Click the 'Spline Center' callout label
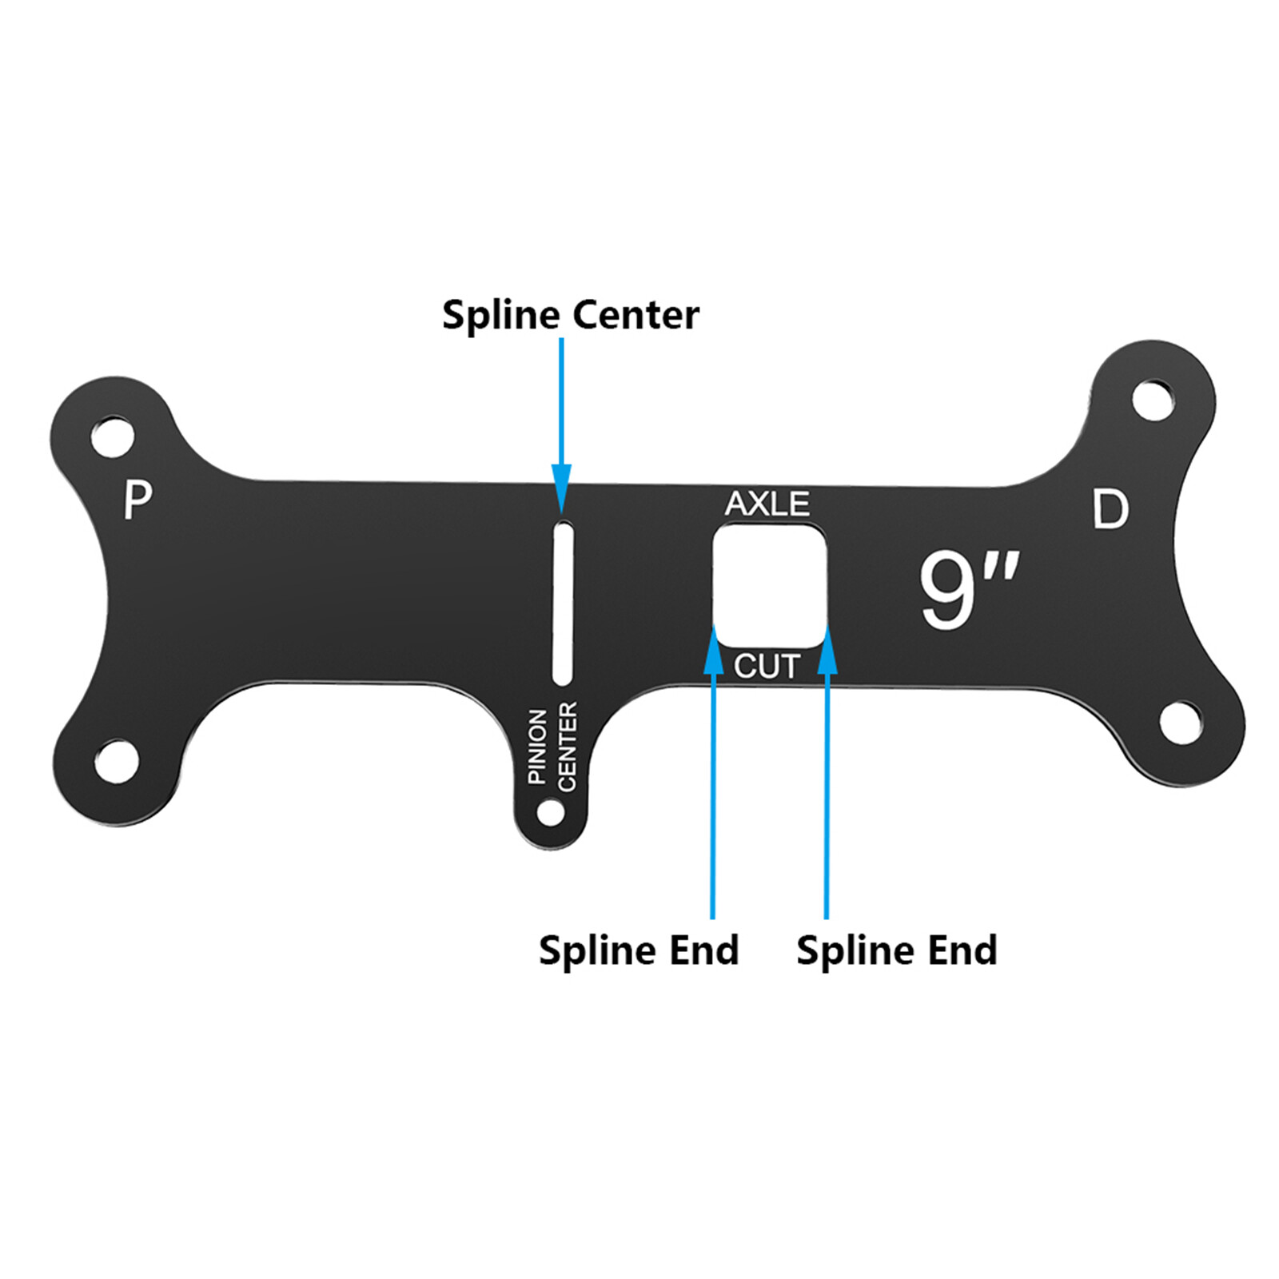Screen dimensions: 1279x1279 pos(570,315)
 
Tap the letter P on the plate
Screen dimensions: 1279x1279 pos(137,500)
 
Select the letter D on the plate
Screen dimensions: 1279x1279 pos(1110,509)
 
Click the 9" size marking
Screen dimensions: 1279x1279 pos(967,590)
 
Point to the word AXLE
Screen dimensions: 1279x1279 pos(767,504)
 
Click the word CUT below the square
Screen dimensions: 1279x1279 pos(767,666)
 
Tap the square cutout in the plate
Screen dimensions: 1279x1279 pos(769,585)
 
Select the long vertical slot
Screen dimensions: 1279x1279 pos(563,603)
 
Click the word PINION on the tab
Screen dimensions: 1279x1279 pos(538,745)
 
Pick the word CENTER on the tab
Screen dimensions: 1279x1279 pos(567,747)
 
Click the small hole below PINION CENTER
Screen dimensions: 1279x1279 pos(550,813)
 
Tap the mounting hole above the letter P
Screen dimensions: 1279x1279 pos(113,436)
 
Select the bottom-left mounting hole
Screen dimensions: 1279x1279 pos(117,761)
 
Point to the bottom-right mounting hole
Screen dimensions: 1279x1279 pos(1180,722)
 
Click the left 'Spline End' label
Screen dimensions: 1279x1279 pos(639,950)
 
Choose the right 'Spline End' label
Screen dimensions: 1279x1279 pos(896,950)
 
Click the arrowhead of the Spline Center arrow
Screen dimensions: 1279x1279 pos(562,487)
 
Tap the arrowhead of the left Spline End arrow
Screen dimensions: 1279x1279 pos(713,652)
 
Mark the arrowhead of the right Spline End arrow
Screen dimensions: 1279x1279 pos(827,652)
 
